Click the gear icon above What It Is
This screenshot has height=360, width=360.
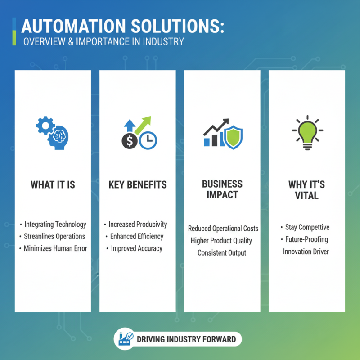(x=45, y=125)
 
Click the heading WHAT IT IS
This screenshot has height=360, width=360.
(x=53, y=185)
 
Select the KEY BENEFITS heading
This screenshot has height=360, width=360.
(x=137, y=185)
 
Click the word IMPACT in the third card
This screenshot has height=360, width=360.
(x=222, y=195)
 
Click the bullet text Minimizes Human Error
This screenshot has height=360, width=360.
(x=55, y=248)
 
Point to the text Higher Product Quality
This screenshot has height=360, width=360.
(x=221, y=241)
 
